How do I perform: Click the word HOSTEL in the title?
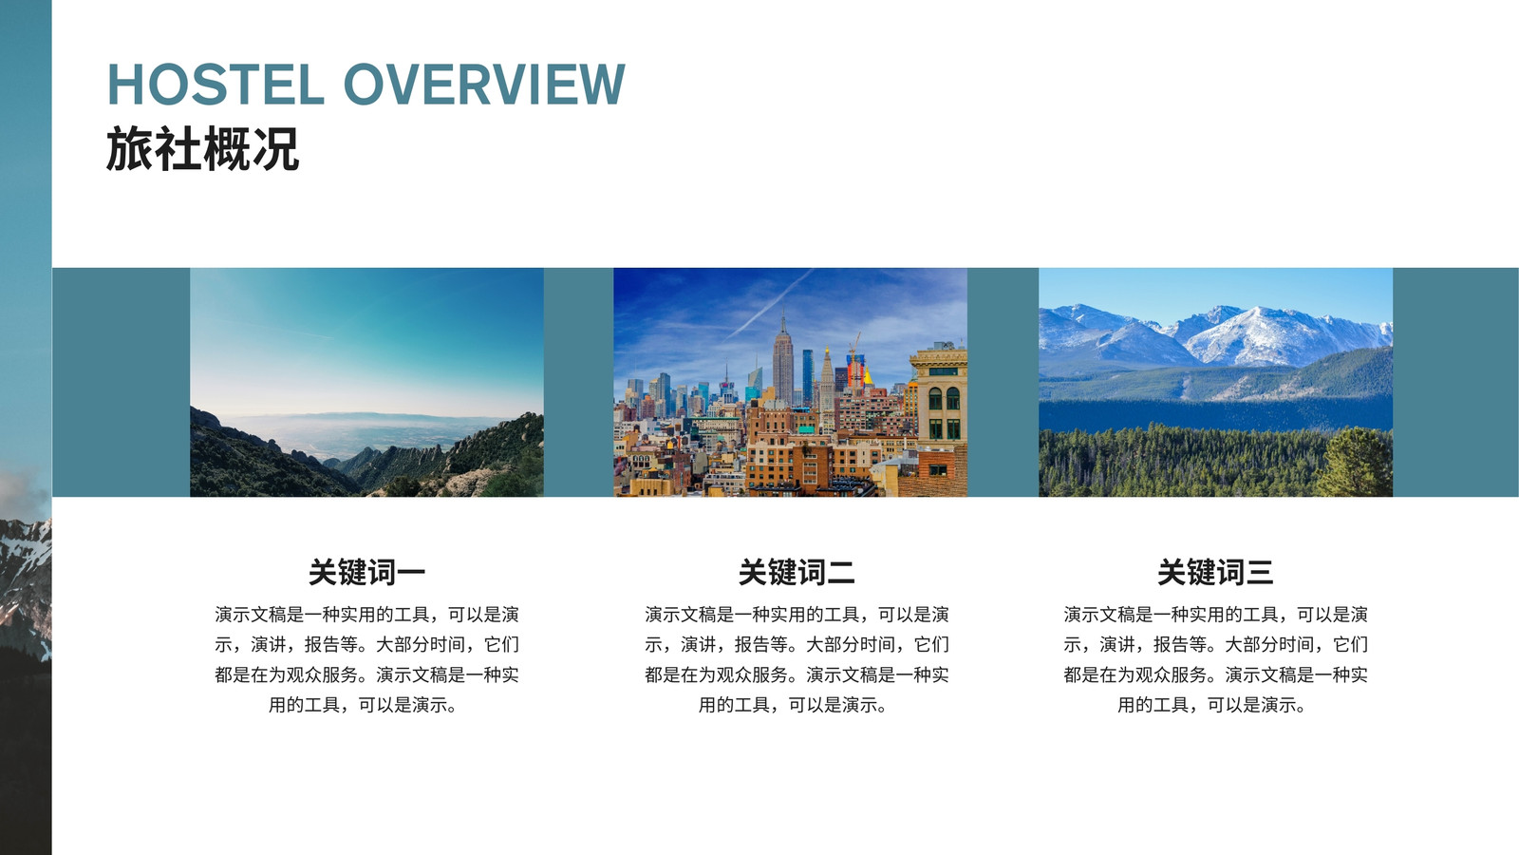(216, 85)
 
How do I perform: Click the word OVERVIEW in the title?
(484, 85)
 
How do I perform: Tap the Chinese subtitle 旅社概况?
(202, 148)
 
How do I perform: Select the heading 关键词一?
(366, 572)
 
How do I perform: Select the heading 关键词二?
(797, 572)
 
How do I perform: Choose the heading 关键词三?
(1215, 572)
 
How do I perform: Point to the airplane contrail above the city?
(770, 305)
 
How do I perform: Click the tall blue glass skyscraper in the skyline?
(808, 376)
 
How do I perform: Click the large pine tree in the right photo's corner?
(1354, 463)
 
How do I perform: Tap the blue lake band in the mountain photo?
(1215, 414)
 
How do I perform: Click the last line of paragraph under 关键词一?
(363, 705)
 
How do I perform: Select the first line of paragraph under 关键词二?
(797, 615)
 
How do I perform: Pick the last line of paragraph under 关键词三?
(1211, 705)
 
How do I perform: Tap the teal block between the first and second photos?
(578, 382)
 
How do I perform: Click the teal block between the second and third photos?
(1003, 382)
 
